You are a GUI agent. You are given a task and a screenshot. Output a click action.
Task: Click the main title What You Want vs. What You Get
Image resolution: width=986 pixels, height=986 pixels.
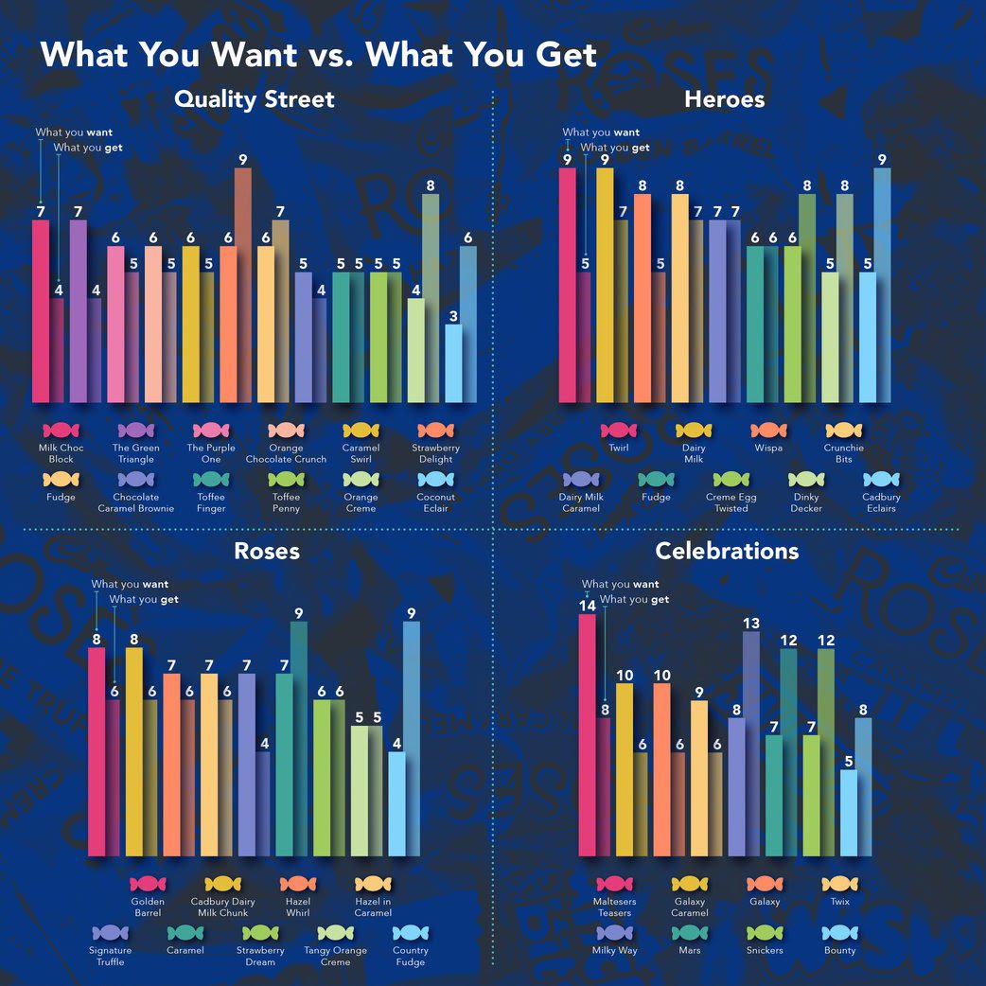coord(318,54)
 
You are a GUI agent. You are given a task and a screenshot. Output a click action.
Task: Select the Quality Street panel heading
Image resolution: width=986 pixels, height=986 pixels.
coord(254,98)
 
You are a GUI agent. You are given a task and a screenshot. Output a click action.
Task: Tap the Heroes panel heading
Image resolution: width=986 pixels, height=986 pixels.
coord(724,98)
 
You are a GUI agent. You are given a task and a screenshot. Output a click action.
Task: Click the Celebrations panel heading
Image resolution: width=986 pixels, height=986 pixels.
coord(727,551)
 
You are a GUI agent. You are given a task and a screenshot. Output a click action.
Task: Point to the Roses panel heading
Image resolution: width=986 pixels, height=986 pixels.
coord(267,551)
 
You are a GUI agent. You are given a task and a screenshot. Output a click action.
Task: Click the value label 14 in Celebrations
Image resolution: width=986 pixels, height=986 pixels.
coord(587,606)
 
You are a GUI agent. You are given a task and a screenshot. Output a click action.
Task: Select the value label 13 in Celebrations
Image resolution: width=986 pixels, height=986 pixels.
coord(751,623)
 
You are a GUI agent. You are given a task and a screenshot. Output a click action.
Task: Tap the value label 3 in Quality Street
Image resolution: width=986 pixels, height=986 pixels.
coord(454,316)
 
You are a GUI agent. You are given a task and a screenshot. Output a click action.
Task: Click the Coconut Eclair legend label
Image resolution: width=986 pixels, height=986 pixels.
coord(435,502)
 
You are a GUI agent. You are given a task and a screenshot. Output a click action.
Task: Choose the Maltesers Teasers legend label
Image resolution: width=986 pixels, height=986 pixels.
coord(614,907)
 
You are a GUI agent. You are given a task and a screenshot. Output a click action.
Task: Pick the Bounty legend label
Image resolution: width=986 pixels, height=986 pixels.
coord(839,950)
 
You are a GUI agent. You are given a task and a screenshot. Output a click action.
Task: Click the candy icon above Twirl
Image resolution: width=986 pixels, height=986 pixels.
coord(619,431)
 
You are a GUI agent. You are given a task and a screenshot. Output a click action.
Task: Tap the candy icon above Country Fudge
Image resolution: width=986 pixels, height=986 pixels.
coord(411,933)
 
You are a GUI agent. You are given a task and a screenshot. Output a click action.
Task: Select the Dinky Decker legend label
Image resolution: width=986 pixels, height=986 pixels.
coord(806,502)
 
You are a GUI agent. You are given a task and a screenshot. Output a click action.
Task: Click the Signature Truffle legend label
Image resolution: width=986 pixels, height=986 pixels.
coord(110,956)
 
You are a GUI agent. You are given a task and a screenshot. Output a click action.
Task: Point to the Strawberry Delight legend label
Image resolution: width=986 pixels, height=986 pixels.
coord(435,453)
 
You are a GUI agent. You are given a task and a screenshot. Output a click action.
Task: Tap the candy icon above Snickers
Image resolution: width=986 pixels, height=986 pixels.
coord(765,933)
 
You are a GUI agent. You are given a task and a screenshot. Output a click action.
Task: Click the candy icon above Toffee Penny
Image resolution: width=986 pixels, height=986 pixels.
coord(286,480)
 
